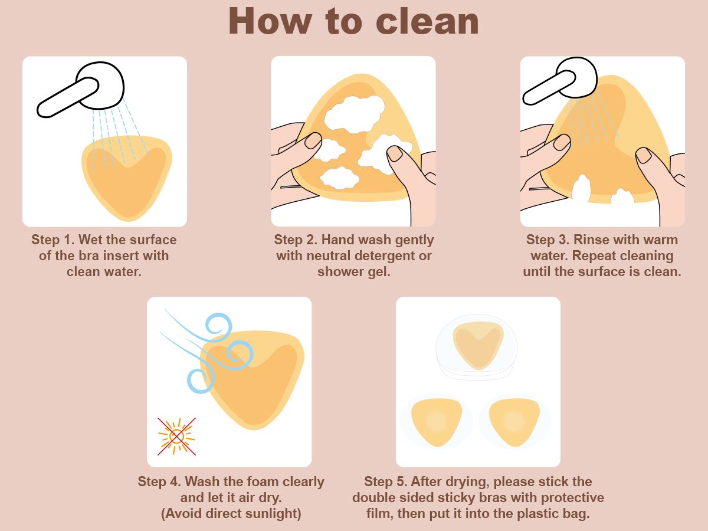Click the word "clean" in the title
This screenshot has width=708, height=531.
tap(427, 22)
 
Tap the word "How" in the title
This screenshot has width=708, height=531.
tap(270, 21)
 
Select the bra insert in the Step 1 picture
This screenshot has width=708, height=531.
tap(127, 178)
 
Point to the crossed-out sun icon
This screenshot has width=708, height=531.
tap(176, 437)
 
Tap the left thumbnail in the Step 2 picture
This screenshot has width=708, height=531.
tap(313, 140)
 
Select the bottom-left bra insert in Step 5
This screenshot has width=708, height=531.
tap(437, 422)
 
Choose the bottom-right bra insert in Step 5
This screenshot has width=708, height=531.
tap(514, 422)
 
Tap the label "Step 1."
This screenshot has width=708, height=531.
tap(53, 240)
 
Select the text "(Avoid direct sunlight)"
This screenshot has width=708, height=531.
tap(231, 513)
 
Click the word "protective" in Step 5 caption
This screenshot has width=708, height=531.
tap(572, 498)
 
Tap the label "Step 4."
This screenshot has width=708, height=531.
tap(160, 481)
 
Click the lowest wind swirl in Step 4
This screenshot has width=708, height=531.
tap(201, 381)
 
